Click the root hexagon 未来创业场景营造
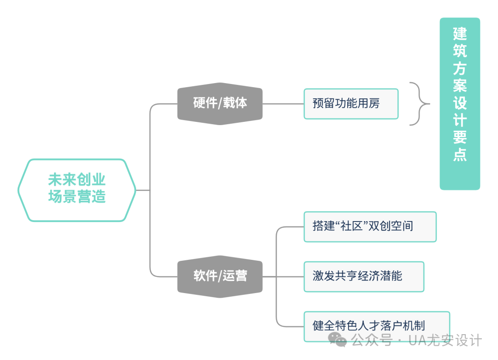tap(77, 190)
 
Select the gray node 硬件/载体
tap(220, 104)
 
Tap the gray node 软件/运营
tap(220, 276)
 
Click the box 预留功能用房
tap(351, 104)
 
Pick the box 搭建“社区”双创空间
tap(370, 227)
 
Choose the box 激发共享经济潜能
tap(364, 276)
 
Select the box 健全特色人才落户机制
tap(377, 326)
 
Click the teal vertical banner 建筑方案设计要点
tap(460, 104)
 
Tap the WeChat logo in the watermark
tap(337, 340)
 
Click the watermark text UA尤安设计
tap(445, 340)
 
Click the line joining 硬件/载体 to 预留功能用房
tap(283, 104)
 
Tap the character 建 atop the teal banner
tap(460, 33)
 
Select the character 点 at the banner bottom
tap(460, 155)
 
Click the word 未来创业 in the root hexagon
tap(77, 180)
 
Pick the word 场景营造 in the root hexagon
tap(77, 197)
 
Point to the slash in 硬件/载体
tap(220, 103)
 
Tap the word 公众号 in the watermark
tap(372, 340)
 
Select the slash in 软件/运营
tap(219, 276)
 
